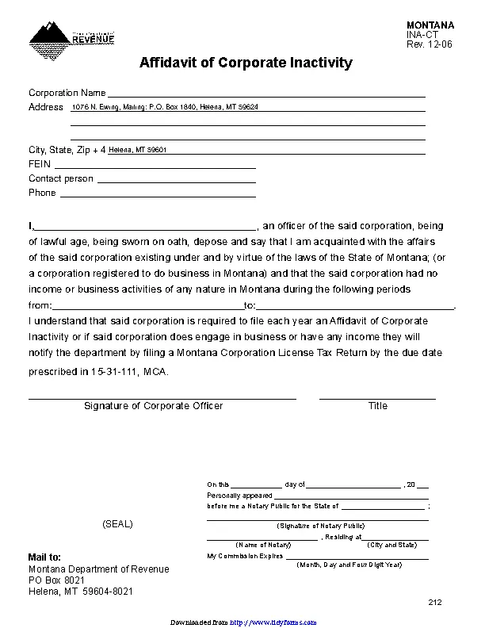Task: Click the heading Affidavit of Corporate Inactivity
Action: pos(246,63)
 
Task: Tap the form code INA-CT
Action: pos(421,36)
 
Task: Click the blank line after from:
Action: pos(147,305)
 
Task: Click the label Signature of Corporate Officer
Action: pos(153,406)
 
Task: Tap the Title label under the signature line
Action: pos(377,406)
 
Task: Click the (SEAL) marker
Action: pos(117,525)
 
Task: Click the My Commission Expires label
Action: pos(245,556)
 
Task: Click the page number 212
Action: pos(434,603)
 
